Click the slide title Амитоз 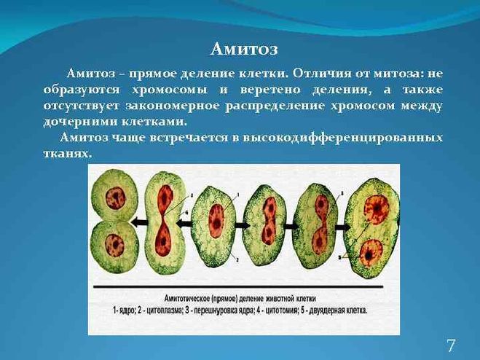click(244, 50)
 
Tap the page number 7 click(451, 345)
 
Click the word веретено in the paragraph click(269, 90)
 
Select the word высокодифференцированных click(343, 138)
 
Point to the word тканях click(67, 153)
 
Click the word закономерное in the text click(173, 106)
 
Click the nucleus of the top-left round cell click(115, 198)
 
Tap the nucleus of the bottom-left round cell click(115, 245)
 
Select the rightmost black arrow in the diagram click(344, 227)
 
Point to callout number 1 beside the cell click(238, 195)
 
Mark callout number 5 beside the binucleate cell click(340, 258)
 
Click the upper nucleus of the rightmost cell click(377, 208)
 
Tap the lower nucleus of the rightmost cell click(371, 253)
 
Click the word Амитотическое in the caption click(186, 298)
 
